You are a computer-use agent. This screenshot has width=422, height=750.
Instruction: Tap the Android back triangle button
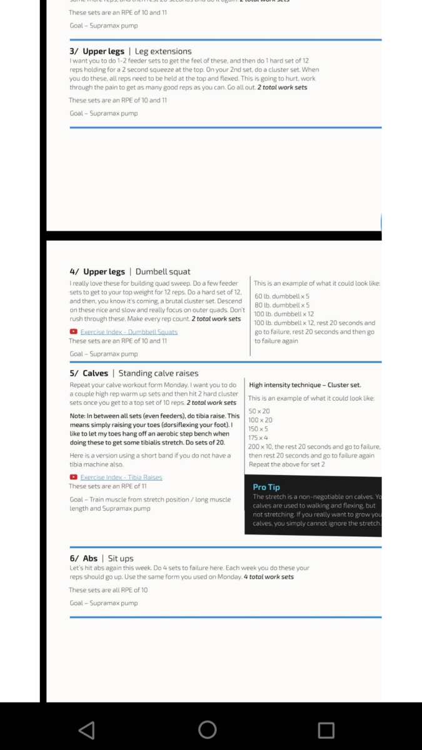point(87,729)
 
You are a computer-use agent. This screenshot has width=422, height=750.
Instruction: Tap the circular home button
point(208,729)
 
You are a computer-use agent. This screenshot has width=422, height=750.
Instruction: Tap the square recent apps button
point(326,729)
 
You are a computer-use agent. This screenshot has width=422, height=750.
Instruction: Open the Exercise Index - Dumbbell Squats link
point(129,332)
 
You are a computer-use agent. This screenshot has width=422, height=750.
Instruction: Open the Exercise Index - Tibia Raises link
point(121,477)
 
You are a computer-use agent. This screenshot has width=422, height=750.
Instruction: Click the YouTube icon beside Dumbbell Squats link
point(74,332)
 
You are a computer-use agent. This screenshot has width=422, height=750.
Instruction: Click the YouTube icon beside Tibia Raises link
point(74,477)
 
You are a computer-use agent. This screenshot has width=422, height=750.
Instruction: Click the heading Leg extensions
point(163,51)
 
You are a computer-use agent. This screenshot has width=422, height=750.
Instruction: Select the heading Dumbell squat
point(163,272)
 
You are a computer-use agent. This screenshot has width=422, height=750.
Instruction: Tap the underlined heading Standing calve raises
point(158,373)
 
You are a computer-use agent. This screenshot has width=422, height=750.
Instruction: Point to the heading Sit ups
point(121,558)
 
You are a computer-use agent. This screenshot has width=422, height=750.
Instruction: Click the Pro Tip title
point(266,487)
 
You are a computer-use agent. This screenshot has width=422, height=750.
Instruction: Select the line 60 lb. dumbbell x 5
point(282,296)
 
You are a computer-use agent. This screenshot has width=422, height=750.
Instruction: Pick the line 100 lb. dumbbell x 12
point(284,314)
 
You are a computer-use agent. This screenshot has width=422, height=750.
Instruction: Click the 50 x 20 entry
point(259,411)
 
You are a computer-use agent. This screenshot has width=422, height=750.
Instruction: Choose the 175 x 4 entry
point(258,437)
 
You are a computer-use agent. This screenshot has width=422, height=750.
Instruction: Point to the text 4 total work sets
point(269,577)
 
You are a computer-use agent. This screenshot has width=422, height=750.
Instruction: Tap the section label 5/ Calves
point(89,373)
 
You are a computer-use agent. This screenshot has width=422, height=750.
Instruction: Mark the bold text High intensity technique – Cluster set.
point(304,385)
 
